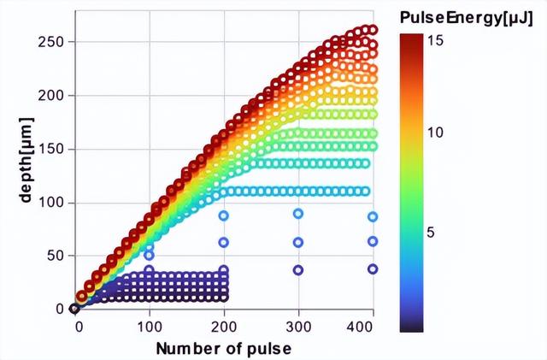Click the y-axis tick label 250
(x=54, y=42)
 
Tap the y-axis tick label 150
(x=54, y=149)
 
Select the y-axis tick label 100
(x=54, y=203)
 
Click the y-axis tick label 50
(x=57, y=256)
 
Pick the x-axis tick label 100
(x=150, y=327)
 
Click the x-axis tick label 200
(x=224, y=327)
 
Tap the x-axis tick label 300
(x=298, y=327)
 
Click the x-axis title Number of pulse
(x=223, y=348)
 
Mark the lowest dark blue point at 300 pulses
(x=298, y=269)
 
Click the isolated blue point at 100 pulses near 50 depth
(x=150, y=255)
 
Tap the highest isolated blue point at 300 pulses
(x=298, y=214)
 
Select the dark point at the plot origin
(x=75, y=309)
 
